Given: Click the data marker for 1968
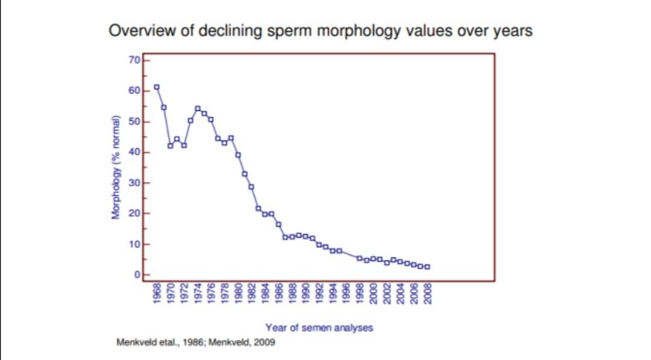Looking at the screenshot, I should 157,87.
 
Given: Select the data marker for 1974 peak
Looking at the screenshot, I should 198,109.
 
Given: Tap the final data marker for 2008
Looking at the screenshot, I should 427,267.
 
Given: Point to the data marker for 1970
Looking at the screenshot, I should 171,146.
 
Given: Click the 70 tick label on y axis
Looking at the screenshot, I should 134,60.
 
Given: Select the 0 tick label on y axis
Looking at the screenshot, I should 137,275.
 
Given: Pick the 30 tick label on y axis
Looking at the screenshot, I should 134,183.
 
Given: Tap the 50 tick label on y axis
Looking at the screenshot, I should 134,121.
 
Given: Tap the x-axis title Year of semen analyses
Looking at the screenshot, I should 319,327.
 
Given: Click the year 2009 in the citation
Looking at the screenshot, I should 265,342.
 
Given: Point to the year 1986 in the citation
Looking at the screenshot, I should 192,342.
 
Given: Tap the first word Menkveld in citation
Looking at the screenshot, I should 134,342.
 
